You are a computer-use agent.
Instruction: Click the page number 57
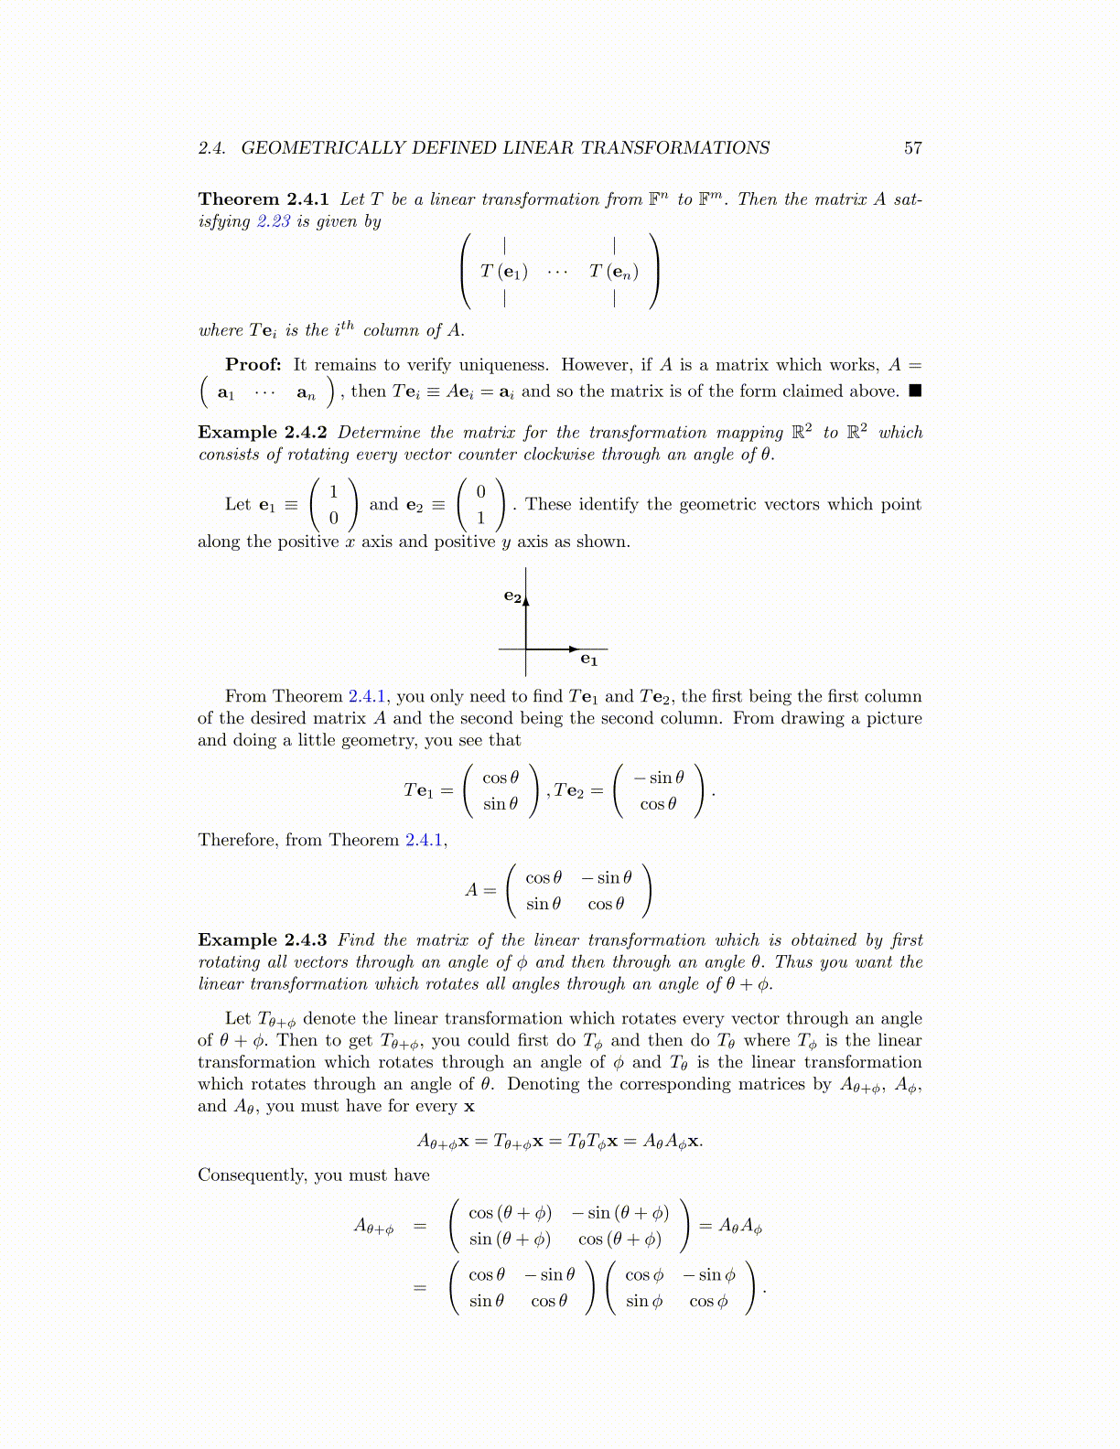912,148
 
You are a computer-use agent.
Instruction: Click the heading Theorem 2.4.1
264,199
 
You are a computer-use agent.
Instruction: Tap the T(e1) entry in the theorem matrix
504,272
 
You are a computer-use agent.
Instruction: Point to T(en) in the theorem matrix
613,272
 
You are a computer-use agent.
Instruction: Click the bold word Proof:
253,365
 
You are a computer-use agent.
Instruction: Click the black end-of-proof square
915,392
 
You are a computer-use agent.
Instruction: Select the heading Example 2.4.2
263,433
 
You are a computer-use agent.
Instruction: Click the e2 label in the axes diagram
512,596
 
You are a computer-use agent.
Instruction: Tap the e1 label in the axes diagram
588,660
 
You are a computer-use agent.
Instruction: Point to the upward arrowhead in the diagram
526,599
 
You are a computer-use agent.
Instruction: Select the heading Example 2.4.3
263,940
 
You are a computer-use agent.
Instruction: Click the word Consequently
251,1175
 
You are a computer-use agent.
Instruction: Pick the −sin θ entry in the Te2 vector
658,778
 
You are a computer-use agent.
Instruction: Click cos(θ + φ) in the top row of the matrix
510,1214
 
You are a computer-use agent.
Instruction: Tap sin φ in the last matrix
644,1302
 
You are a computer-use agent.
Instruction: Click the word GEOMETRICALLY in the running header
323,148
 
